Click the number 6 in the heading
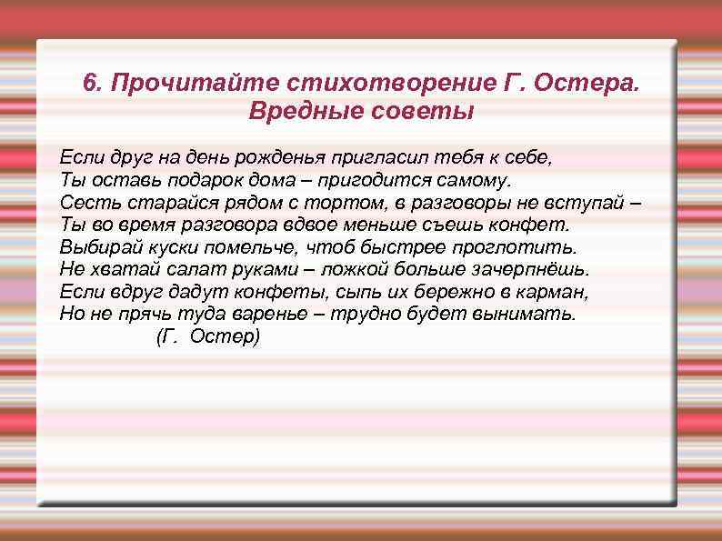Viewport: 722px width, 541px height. click(x=89, y=84)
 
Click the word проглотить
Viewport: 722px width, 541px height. click(x=524, y=246)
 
